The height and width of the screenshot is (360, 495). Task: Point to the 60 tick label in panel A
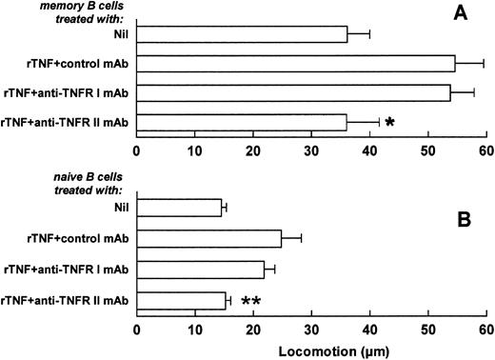point(486,150)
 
